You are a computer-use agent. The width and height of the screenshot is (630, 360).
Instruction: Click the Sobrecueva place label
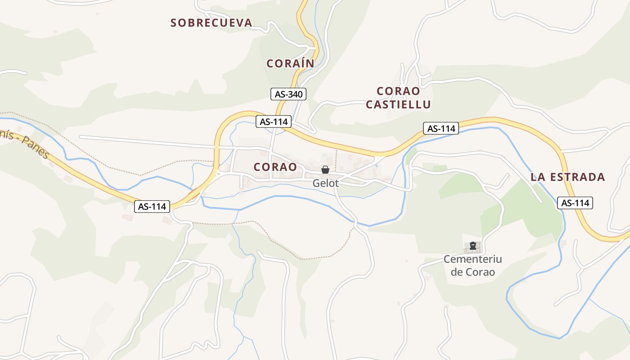pyautogui.click(x=211, y=23)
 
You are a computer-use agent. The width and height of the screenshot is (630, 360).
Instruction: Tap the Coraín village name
pyautogui.click(x=290, y=63)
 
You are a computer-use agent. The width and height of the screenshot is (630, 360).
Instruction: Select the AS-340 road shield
pyautogui.click(x=288, y=94)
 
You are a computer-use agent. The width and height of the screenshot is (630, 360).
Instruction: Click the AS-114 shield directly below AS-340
pyautogui.click(x=274, y=121)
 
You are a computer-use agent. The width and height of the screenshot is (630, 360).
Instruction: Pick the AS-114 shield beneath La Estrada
pyautogui.click(x=575, y=203)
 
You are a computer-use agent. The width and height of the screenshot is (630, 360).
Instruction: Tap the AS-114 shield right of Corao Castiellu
pyautogui.click(x=441, y=128)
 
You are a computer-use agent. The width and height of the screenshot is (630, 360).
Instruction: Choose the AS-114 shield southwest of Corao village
pyautogui.click(x=152, y=207)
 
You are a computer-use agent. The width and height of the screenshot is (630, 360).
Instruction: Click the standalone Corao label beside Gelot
pyautogui.click(x=275, y=167)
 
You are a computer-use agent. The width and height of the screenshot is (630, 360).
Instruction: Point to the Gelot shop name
pyautogui.click(x=325, y=184)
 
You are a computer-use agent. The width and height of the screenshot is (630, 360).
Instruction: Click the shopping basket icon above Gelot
pyautogui.click(x=325, y=170)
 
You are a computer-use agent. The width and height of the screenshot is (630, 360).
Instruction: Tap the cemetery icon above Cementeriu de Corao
pyautogui.click(x=472, y=246)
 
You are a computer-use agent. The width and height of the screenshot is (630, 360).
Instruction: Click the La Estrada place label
pyautogui.click(x=568, y=177)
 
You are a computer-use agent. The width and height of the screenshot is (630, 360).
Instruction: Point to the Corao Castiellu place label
pyautogui.click(x=398, y=98)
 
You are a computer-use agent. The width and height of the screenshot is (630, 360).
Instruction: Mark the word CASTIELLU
pyautogui.click(x=398, y=105)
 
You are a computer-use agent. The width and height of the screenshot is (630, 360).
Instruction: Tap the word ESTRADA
pyautogui.click(x=578, y=177)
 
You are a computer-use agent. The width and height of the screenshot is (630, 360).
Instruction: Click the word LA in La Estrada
pyautogui.click(x=538, y=177)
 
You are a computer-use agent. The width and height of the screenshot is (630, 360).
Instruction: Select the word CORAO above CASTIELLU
pyautogui.click(x=398, y=91)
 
